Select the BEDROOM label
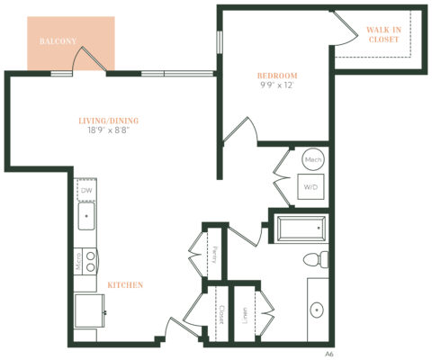tap(276, 76)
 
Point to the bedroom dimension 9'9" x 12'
tap(276, 85)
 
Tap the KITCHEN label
tap(125, 285)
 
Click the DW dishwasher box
tap(86, 191)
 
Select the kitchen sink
tap(87, 217)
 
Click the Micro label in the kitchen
tap(79, 262)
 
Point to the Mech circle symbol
tap(313, 159)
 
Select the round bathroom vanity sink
tap(318, 310)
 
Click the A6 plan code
tap(329, 354)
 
